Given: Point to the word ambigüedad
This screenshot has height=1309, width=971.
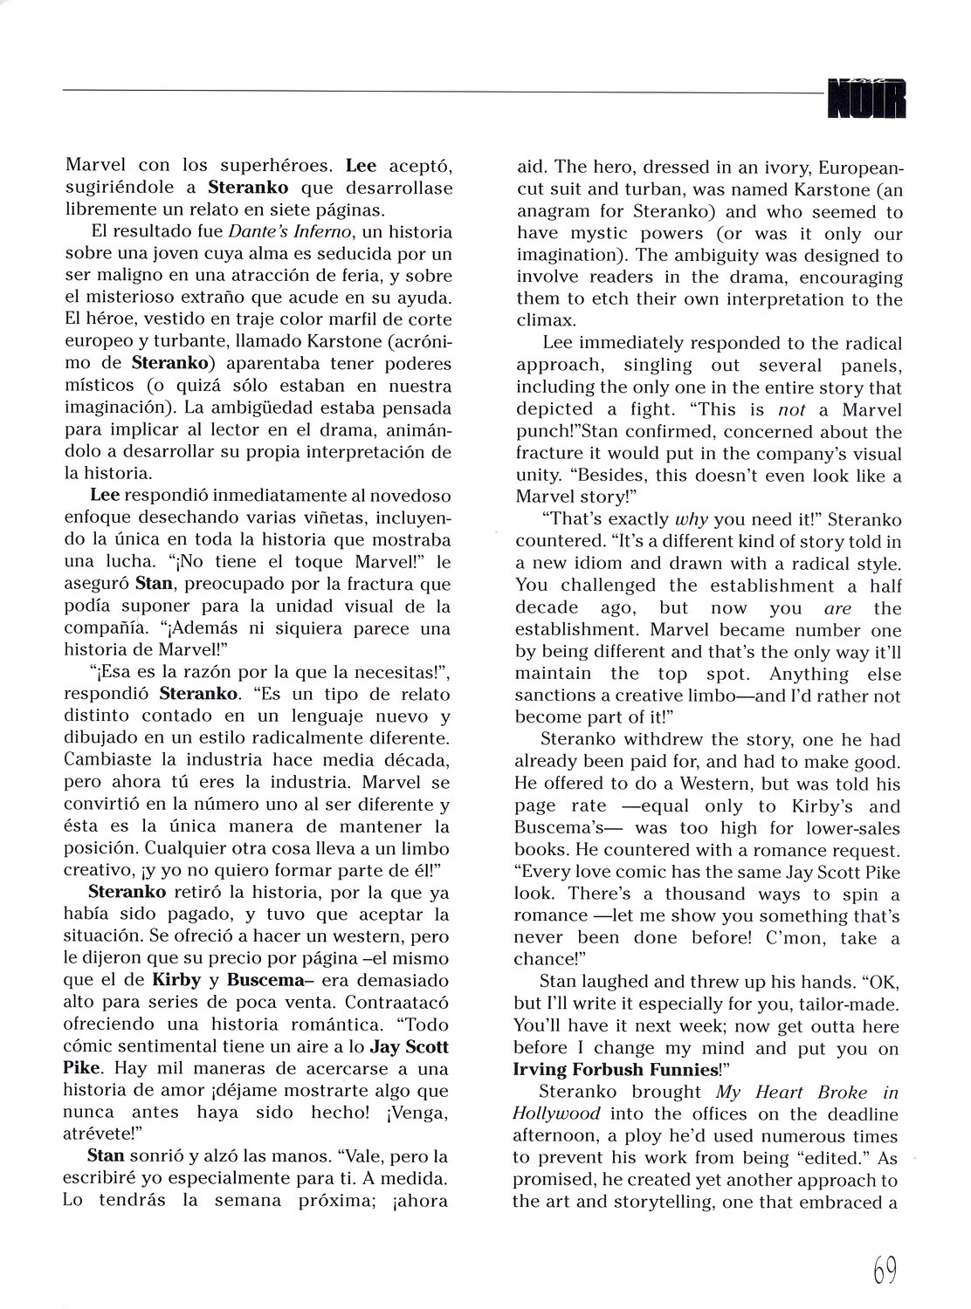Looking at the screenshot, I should click(x=293, y=408).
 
